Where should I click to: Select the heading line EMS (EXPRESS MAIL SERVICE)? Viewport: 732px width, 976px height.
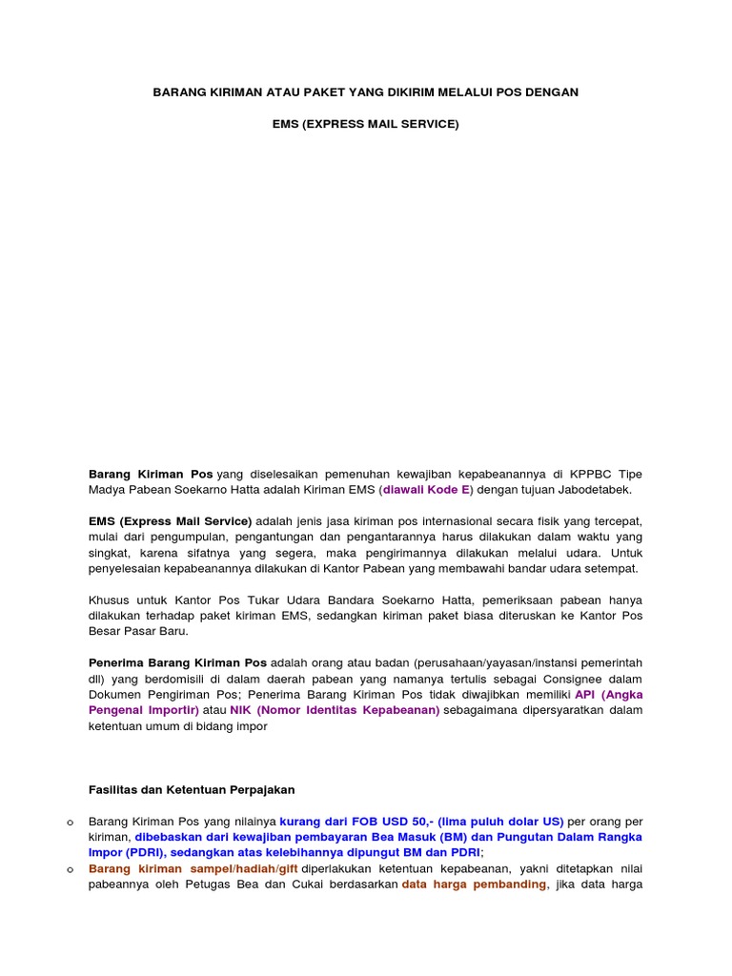366,125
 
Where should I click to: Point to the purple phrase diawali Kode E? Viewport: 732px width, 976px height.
427,490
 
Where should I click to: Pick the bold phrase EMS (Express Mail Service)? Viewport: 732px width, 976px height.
170,521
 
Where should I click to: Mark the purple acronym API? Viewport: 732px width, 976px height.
584,695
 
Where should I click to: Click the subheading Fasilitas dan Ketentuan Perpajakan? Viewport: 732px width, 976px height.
192,789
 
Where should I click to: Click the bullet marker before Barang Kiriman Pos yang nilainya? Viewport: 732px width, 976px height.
71,822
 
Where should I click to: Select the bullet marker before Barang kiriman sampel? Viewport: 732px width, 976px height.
71,869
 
